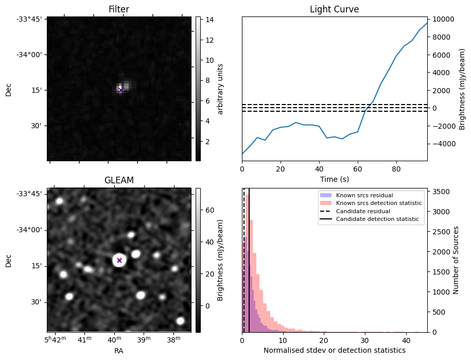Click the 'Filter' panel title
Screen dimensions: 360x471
pos(118,9)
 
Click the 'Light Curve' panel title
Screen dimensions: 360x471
pos(334,9)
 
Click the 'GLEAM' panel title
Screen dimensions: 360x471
pos(118,180)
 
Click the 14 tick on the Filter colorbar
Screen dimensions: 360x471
pos(206,20)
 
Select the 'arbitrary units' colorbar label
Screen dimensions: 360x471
pos(220,89)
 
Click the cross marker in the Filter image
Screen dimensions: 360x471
pos(121,90)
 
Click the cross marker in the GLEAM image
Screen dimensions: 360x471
pos(119,260)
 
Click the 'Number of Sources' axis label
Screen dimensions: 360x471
pos(456,260)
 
